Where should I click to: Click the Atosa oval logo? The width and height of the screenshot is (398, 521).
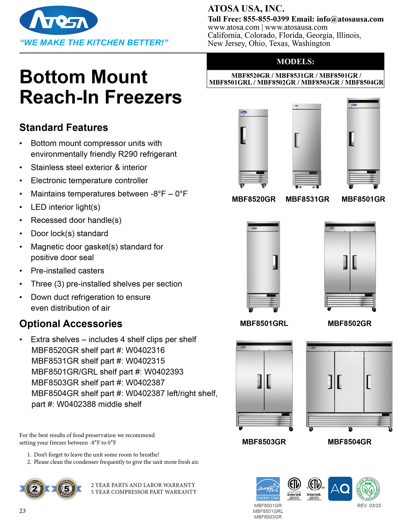pyautogui.click(x=59, y=20)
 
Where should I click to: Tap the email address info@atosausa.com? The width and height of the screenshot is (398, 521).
pyautogui.click(x=350, y=19)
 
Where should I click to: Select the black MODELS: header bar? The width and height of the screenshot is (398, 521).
pyautogui.click(x=295, y=61)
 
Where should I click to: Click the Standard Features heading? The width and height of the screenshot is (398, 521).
pyautogui.click(x=64, y=128)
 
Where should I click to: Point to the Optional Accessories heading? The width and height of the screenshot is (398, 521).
pyautogui.click(x=71, y=324)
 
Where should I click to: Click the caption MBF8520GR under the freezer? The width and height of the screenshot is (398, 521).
pyautogui.click(x=254, y=199)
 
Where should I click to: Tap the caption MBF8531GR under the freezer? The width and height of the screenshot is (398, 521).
pyautogui.click(x=307, y=199)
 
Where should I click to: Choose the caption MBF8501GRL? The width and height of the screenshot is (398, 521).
pyautogui.click(x=264, y=323)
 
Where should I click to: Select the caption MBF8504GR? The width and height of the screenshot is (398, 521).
pyautogui.click(x=350, y=442)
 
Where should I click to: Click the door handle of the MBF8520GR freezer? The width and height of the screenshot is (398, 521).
pyautogui.click(x=243, y=135)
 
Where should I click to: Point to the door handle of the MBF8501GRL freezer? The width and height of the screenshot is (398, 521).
pyautogui.click(x=275, y=262)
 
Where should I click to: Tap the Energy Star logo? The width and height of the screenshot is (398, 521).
pyautogui.click(x=268, y=489)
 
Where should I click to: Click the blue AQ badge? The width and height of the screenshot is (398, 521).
pyautogui.click(x=340, y=489)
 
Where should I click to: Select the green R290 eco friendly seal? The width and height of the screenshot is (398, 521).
pyautogui.click(x=368, y=489)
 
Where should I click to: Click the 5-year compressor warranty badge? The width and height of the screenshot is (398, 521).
pyautogui.click(x=67, y=489)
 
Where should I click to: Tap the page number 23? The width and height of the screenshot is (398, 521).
pyautogui.click(x=23, y=511)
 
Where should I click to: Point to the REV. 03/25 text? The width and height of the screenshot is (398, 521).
pyautogui.click(x=369, y=506)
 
